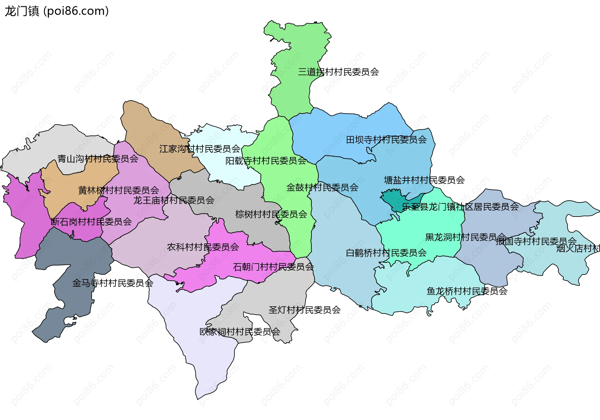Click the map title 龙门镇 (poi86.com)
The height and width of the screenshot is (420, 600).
pos(57,11)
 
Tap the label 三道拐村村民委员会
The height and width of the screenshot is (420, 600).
pos(338,72)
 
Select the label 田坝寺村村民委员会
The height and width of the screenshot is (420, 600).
pos(386,140)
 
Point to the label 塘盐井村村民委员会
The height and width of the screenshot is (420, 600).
pos(424,180)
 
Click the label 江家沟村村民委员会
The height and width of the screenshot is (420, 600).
pos(200,149)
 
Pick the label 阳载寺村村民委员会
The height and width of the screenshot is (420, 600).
pos(266,161)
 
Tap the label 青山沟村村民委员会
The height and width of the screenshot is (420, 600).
pos(98,159)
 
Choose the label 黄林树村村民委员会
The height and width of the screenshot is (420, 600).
pos(118,190)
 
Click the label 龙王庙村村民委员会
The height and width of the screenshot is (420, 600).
pos(174,200)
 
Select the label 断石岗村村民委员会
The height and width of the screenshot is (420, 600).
pos(91,222)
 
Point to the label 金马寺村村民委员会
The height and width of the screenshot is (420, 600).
pos(112,283)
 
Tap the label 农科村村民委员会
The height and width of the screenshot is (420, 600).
pos(203,247)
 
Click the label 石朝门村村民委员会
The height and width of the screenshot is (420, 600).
pos(273,267)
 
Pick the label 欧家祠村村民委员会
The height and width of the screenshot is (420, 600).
pos(240,331)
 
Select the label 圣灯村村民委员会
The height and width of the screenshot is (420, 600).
pos(304,310)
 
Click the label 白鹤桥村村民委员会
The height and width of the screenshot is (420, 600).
pos(386,253)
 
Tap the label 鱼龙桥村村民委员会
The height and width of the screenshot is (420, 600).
pos(467,291)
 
